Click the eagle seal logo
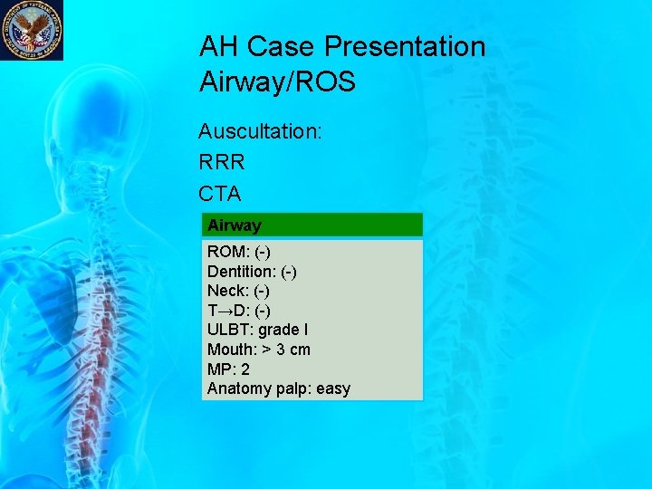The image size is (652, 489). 31,30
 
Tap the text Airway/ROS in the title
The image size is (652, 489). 277,82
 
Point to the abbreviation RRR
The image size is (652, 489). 222,162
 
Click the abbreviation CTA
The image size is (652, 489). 220,193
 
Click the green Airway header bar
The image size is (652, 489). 312,225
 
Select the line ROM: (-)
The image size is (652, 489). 239,251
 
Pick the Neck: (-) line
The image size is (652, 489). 238,291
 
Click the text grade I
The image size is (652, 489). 283,330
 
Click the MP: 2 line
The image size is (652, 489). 228,369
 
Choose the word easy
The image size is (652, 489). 332,389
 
